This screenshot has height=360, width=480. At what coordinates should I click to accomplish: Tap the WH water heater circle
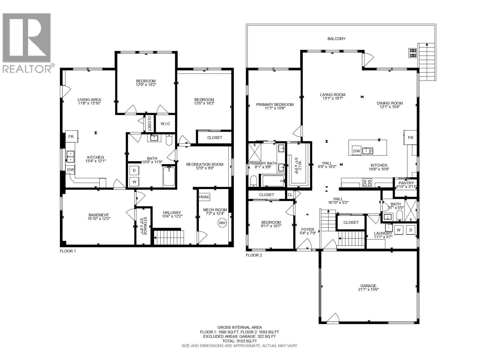[222, 223]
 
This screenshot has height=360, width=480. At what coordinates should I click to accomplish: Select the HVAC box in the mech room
[204, 197]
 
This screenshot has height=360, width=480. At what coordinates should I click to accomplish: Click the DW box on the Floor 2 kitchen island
[356, 151]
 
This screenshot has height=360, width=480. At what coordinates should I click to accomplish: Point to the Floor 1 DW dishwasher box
[70, 170]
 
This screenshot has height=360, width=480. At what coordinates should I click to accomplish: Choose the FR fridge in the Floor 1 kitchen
[71, 136]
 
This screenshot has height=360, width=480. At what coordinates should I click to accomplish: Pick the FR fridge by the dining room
[410, 138]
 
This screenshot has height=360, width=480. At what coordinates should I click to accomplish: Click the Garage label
[368, 286]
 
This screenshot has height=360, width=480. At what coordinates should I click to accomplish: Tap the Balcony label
[336, 39]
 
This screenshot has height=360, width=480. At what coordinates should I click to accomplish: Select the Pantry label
[406, 183]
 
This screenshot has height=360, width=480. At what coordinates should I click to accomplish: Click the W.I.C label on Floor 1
[166, 124]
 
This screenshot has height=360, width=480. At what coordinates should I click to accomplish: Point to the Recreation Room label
[205, 164]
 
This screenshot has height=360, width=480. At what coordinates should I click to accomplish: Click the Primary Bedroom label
[274, 105]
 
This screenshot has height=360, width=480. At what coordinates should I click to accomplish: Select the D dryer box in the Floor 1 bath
[134, 170]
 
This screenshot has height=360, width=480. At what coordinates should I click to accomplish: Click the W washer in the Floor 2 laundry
[399, 230]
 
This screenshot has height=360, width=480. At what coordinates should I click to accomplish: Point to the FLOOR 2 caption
[254, 255]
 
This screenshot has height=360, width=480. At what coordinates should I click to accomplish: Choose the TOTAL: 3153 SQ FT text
[239, 341]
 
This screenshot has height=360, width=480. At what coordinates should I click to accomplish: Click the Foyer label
[307, 229]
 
